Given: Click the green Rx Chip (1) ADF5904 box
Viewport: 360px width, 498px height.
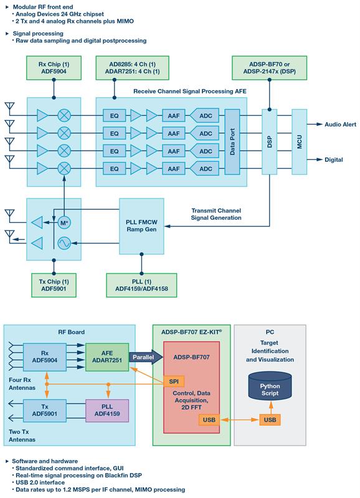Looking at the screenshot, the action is click(54, 68).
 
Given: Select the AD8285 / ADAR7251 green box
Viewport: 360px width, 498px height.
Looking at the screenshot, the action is click(132, 68).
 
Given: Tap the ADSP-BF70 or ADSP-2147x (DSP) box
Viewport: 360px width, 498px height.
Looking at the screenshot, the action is click(270, 68).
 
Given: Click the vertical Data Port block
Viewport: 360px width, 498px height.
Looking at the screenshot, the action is click(232, 142).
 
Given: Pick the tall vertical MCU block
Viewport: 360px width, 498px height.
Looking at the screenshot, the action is click(300, 142).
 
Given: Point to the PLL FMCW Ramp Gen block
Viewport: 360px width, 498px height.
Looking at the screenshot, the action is click(142, 226).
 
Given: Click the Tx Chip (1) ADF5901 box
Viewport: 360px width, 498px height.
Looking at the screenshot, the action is click(54, 285).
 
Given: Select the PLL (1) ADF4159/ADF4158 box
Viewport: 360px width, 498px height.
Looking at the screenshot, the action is click(141, 285).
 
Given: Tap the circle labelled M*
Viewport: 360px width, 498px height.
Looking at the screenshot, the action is click(64, 223).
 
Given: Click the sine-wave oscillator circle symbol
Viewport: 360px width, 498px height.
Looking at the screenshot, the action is click(64, 243).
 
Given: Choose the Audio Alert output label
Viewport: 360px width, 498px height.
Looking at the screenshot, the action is click(340, 125).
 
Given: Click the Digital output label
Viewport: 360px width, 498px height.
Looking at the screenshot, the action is click(334, 160).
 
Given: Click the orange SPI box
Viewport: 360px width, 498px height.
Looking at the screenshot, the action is click(174, 382).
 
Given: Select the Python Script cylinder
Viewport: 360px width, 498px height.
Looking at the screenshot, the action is click(270, 386).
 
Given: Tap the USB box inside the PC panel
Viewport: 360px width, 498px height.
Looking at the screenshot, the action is click(270, 420).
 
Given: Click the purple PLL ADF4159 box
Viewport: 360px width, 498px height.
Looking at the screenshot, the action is click(107, 410).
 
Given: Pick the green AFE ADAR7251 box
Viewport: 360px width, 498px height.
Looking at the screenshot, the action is click(107, 357).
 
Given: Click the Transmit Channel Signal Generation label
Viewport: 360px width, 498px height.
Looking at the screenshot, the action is click(216, 214).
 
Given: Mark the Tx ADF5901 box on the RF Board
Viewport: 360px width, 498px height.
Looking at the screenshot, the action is click(45, 410).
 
